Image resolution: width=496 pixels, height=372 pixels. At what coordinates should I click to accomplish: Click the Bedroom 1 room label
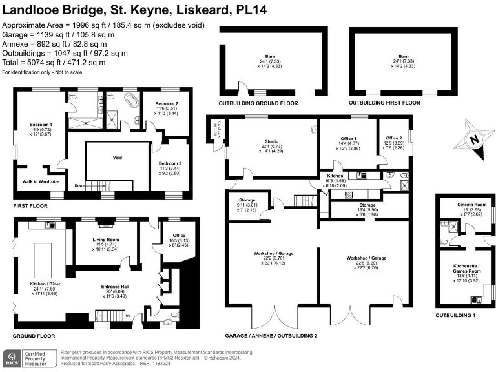coord(41,124)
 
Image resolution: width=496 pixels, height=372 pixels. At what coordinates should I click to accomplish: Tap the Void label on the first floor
coord(118,157)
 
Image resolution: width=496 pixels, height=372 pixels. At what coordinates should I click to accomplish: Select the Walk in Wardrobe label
coord(41,182)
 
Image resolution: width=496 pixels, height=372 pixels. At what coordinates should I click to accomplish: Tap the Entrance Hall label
coord(117,287)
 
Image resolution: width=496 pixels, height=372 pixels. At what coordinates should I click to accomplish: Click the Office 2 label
coord(394,138)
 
